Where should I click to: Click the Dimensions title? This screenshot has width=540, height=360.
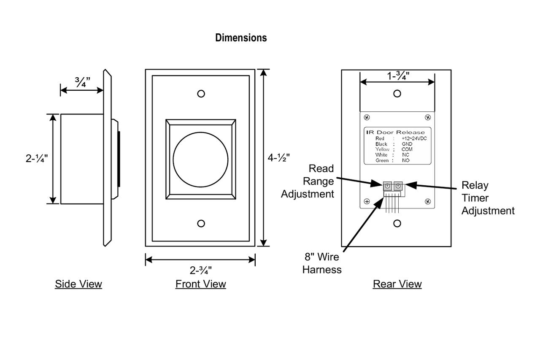pyautogui.click(x=241, y=38)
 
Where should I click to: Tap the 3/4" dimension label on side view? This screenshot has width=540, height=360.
pyautogui.click(x=82, y=82)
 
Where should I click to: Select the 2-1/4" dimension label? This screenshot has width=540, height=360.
pyautogui.click(x=37, y=158)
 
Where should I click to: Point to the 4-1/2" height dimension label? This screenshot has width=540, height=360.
pyautogui.click(x=279, y=158)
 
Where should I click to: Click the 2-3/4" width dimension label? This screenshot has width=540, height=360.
pyautogui.click(x=200, y=270)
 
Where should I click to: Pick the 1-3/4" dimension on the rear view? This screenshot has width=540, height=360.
pyautogui.click(x=398, y=76)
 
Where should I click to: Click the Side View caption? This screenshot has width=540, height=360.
pyautogui.click(x=78, y=284)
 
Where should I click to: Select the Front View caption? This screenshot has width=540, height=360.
pyautogui.click(x=200, y=284)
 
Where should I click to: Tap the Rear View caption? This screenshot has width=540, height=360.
pyautogui.click(x=397, y=284)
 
